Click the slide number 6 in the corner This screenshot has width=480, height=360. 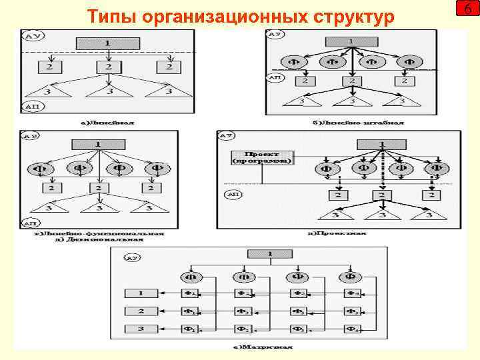click(x=467, y=11)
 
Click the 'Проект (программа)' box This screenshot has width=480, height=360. click(x=261, y=157)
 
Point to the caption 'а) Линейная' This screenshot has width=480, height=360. click(x=99, y=122)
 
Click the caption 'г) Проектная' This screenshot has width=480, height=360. click(x=337, y=234)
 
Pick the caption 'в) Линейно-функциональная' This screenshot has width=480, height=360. click(x=99, y=234)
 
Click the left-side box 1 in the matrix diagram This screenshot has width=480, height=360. click(x=140, y=293)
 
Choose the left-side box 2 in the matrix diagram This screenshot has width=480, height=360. click(x=140, y=311)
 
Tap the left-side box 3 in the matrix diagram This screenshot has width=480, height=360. click(x=140, y=329)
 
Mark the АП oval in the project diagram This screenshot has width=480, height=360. click(x=233, y=195)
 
